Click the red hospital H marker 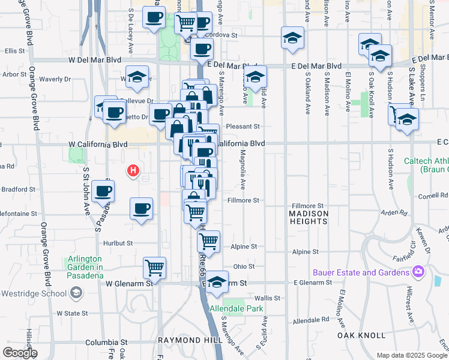pyautogui.click(x=133, y=171)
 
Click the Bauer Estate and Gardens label pyautogui.click(x=360, y=272)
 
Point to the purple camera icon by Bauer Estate pyautogui.click(x=418, y=272)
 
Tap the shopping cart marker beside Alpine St pyautogui.click(x=208, y=241)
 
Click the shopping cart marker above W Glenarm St pyautogui.click(x=155, y=268)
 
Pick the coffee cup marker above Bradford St pyautogui.click(x=103, y=191)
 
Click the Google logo pyautogui.click(x=20, y=353)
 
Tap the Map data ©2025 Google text pyautogui.click(x=411, y=355)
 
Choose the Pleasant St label pyautogui.click(x=247, y=127)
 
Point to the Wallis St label pyautogui.click(x=268, y=298)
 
